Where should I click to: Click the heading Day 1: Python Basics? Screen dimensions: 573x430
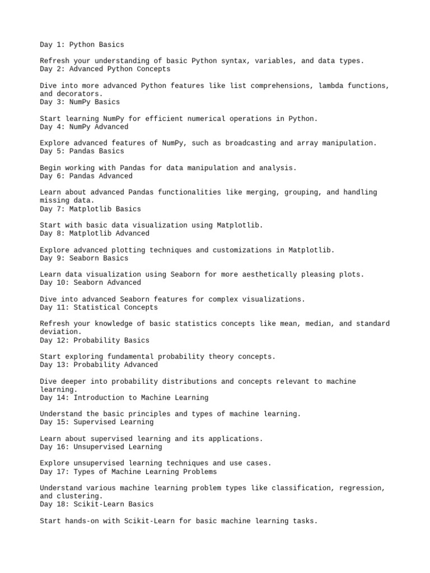82,44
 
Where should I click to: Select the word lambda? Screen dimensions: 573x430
331,86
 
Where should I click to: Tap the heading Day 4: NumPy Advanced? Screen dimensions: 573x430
84,127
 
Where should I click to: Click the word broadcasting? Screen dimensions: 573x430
250,143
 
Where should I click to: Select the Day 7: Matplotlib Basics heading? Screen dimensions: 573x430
90,209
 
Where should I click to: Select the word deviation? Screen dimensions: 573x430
59,332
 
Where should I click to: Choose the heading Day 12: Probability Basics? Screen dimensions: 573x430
95,340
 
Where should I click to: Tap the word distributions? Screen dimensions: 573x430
189,382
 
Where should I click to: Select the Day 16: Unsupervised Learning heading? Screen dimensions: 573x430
101,447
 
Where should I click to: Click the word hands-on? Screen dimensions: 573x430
82,521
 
